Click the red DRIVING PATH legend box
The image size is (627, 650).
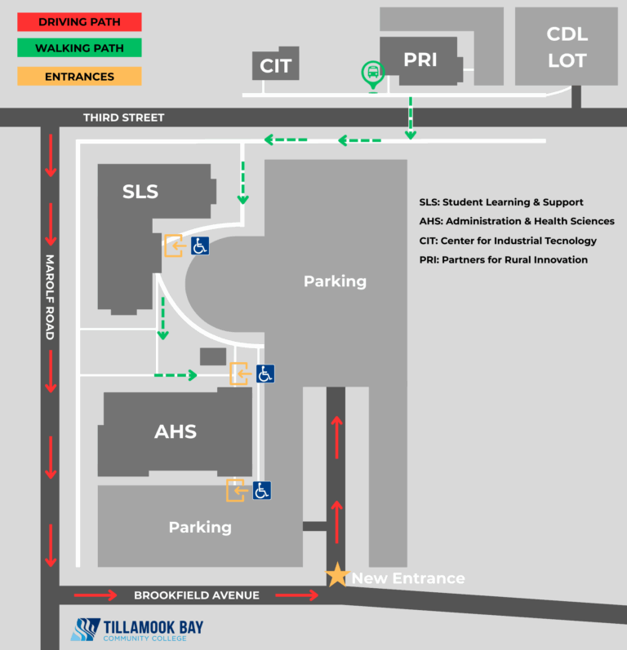tap(79, 22)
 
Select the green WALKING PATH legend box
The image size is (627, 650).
tap(79, 47)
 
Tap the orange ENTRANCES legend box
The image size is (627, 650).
tap(79, 77)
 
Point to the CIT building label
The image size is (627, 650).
tap(275, 66)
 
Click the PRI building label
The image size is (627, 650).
tap(420, 60)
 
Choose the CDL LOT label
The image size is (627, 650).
tap(567, 47)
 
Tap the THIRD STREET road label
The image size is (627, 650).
tap(123, 117)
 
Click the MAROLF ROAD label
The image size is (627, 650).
tap(50, 297)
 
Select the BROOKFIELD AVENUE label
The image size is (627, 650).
tap(196, 595)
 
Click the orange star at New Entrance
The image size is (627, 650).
tap(337, 575)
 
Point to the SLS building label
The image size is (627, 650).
tap(140, 192)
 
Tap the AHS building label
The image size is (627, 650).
tap(175, 431)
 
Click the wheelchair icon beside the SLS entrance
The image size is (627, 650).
tap(200, 245)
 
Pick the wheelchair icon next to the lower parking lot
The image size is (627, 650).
tap(262, 490)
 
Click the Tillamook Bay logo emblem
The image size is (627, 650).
tap(86, 630)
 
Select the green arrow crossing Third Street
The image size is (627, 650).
tap(411, 118)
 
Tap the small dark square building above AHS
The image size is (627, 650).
tap(213, 356)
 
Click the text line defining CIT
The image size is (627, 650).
tap(508, 241)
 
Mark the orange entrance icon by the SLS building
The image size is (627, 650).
tap(174, 245)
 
